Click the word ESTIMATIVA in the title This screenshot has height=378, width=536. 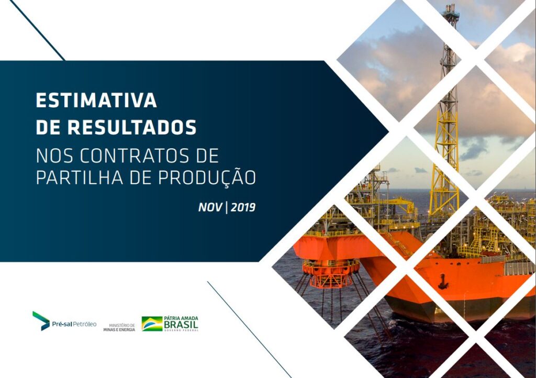96,101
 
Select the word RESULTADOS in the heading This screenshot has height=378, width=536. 132,127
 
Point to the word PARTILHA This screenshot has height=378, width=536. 80,177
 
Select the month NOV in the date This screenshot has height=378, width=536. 210,207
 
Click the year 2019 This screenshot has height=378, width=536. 243,207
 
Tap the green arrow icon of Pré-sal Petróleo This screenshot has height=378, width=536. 41,321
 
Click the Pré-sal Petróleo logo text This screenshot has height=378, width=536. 74,324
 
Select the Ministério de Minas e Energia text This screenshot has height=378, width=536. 119,327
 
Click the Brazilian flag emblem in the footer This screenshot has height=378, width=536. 152,324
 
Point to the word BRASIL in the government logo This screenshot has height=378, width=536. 181,325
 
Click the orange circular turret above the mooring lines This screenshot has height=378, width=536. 331,272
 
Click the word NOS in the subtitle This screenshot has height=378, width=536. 54,156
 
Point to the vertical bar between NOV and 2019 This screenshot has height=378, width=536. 226,207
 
